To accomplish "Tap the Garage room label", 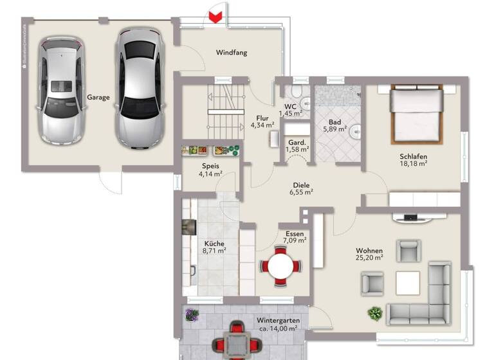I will (98, 98).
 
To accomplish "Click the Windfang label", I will (232, 53).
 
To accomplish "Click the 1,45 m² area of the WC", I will (290, 114).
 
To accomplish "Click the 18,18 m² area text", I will (413, 164).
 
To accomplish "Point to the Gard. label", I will (296, 142).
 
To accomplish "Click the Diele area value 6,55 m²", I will (300, 192).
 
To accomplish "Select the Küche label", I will (214, 244).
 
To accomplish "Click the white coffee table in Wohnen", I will (408, 282).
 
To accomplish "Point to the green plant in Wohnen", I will (374, 314).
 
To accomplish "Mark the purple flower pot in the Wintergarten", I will (192, 314).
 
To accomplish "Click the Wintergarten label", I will (277, 319).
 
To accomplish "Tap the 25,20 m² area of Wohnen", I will (369, 258).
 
